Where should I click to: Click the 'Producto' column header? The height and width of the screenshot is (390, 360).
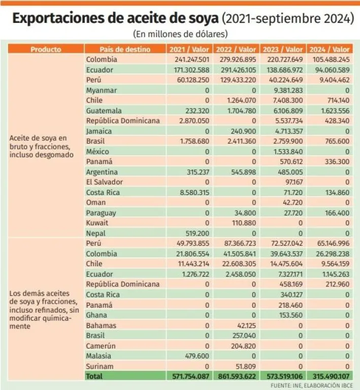(x=46, y=49)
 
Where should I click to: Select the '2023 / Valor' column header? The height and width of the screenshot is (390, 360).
(x=283, y=49)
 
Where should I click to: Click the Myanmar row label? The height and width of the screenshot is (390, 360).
(x=102, y=90)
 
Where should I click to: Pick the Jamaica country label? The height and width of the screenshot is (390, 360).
(x=100, y=131)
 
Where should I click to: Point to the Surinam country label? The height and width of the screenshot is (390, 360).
(x=100, y=366)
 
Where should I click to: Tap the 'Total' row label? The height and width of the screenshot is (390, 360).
(x=94, y=376)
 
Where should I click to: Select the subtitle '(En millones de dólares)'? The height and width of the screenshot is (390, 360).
(x=180, y=34)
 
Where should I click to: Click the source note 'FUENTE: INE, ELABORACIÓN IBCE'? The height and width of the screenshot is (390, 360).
(x=311, y=385)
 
